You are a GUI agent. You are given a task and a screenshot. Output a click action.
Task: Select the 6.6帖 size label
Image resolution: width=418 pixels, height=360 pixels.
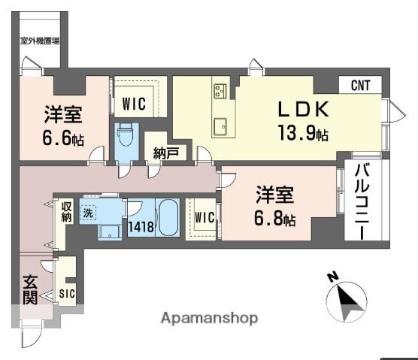pos(63,139)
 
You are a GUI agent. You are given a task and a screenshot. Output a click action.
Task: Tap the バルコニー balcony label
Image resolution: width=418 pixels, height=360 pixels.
pos(362,201)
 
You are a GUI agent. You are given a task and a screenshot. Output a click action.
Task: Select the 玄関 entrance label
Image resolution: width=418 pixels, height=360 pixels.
pos(29,290)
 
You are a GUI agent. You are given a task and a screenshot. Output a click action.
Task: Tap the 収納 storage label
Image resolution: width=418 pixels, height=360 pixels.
pos(67,211)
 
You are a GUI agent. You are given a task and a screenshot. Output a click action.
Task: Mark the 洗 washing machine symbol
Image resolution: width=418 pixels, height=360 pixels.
pos(89,212)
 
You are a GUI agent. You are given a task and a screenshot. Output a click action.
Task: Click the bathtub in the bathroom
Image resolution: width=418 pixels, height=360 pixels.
pos(168,217)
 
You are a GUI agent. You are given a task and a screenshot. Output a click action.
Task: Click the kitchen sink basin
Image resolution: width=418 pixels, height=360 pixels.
pos(221,126)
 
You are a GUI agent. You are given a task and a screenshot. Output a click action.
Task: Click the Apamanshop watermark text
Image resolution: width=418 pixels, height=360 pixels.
pos(209,318)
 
